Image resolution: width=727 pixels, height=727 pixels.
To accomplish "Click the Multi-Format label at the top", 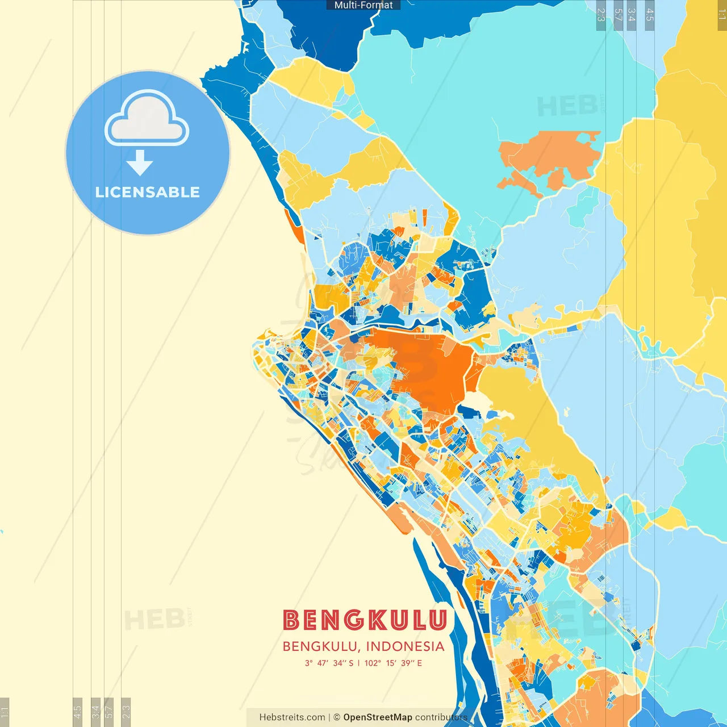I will click(363, 5).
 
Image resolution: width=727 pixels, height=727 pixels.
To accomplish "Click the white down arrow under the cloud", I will click(140, 164).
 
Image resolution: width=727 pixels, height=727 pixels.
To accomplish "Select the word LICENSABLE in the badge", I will click(148, 192).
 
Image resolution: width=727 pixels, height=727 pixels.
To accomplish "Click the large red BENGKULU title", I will click(365, 620).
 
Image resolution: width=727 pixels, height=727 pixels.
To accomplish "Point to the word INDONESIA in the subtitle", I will click(405, 646).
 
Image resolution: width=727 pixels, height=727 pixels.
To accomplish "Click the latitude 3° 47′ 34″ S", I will click(329, 663).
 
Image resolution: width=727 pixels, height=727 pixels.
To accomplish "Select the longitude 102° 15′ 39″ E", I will click(393, 663).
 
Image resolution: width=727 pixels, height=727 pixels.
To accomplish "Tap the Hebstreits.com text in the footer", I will click(292, 717).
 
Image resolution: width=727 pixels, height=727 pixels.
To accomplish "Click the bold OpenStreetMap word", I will click(378, 717).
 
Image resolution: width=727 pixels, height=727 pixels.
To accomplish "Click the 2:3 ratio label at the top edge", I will click(601, 15).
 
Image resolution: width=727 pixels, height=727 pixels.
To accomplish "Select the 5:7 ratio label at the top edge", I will click(619, 15).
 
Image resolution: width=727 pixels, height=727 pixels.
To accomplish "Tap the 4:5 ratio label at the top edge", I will click(650, 15).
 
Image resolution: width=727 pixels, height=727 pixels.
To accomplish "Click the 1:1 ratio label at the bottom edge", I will click(5, 712).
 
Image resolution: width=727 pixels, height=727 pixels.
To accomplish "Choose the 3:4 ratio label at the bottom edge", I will click(95, 712).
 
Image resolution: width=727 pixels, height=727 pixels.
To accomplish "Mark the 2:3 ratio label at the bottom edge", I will click(126, 712).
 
